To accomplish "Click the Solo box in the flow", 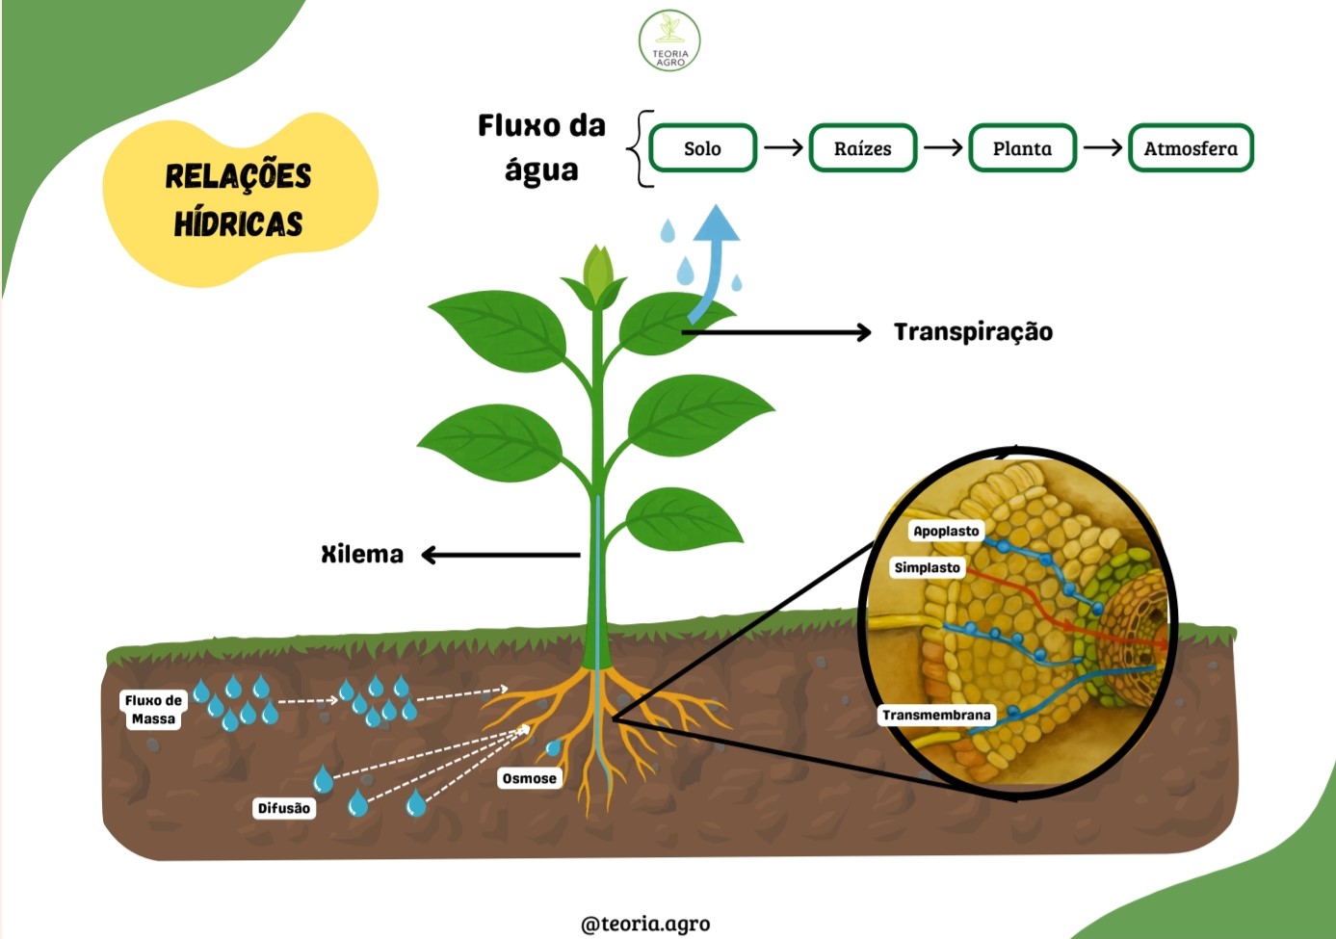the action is click(702, 148).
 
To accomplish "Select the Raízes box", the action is click(862, 148).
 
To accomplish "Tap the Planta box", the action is click(1022, 148).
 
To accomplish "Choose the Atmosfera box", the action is click(1192, 148).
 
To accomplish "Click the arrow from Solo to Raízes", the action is click(783, 147).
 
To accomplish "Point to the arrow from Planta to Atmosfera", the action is click(1103, 147).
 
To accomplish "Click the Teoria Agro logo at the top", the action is click(669, 40).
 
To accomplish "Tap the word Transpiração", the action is click(974, 332).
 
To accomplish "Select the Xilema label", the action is click(362, 555).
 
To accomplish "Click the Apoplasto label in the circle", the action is click(946, 531).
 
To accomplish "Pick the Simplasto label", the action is click(927, 567).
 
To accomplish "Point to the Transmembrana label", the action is click(936, 715).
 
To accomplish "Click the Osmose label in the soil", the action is click(529, 778).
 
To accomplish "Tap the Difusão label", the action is click(284, 808).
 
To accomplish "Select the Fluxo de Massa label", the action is click(153, 710).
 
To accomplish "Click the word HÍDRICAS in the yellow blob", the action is click(238, 224).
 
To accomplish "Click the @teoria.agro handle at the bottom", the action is click(645, 924).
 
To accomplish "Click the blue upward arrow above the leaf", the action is click(713, 262).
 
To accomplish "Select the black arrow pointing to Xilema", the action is click(501, 555).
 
